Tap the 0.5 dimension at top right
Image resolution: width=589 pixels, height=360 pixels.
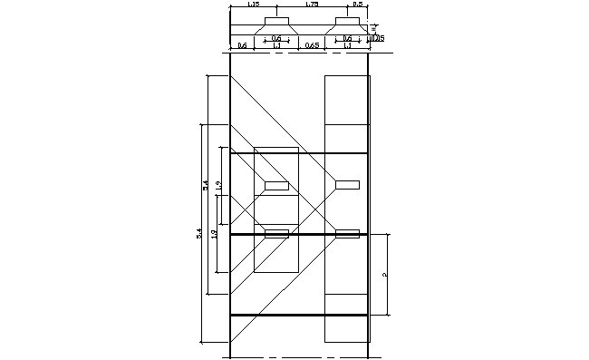pos(357,5)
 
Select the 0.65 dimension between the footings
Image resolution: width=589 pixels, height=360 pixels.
pos(312,45)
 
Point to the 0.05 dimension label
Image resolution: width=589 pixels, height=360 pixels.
pos(379,38)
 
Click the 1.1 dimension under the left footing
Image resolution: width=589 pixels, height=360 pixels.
pos(276,45)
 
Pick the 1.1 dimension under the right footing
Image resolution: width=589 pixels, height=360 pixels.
pos(347,45)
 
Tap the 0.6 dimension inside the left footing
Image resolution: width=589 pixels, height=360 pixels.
pos(275,38)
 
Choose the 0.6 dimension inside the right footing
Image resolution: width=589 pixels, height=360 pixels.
pos(347,38)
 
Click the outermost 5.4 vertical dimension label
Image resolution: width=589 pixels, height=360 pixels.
pos(199,235)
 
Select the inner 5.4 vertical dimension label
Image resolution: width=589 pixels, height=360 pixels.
pos(207,185)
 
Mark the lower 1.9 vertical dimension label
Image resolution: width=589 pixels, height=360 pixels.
pos(214,234)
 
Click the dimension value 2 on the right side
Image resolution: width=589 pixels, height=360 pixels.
pos(385,275)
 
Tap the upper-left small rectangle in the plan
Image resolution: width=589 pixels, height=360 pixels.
pos(276,186)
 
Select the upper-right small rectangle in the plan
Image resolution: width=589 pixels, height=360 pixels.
pos(347,185)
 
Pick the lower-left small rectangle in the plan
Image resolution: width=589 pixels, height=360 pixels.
pos(276,233)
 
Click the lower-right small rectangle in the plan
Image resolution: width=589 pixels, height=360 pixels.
pos(347,233)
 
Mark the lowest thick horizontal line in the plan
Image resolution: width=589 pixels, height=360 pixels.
pos(299,315)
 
